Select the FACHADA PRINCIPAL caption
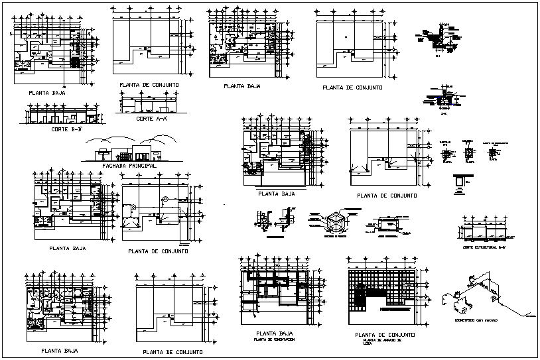point(131,166)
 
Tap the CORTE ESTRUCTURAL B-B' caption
point(484,247)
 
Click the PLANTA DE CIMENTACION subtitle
point(274,339)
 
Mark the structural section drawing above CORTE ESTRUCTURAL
point(484,231)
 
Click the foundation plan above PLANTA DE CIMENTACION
point(273,292)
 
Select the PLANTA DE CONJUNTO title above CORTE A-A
point(148,86)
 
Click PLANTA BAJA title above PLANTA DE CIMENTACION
point(274,333)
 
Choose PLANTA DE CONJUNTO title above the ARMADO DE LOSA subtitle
point(385,334)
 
